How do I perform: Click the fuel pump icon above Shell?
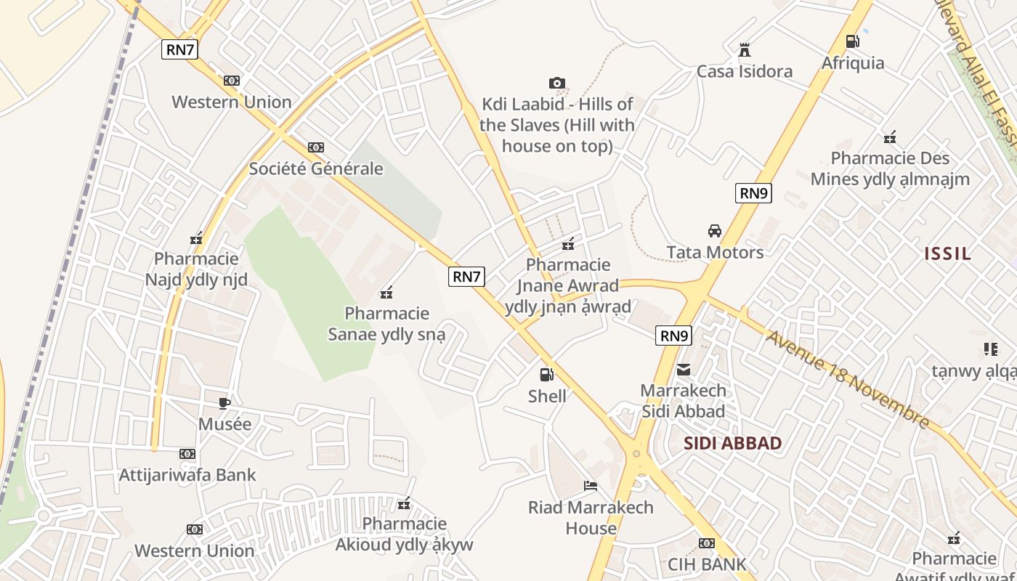click(x=546, y=375)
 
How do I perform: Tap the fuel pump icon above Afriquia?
click(x=853, y=41)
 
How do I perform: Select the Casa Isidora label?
click(x=744, y=71)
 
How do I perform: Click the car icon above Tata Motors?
click(x=715, y=231)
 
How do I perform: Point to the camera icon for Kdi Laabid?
click(x=557, y=83)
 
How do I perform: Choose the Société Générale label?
click(x=315, y=168)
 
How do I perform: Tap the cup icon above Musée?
click(x=224, y=403)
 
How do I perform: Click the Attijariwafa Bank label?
click(x=187, y=475)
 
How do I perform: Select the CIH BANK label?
click(x=707, y=564)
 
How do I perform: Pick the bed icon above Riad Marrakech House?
click(x=591, y=486)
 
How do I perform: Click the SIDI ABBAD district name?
click(x=732, y=443)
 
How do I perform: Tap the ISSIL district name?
click(x=947, y=253)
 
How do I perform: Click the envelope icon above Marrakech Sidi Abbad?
click(x=684, y=370)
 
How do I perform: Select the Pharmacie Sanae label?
click(x=386, y=324)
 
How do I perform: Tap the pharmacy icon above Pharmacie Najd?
click(x=196, y=237)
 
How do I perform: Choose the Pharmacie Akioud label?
click(x=404, y=534)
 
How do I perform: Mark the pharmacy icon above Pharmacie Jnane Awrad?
click(x=568, y=243)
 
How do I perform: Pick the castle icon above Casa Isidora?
click(x=744, y=50)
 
